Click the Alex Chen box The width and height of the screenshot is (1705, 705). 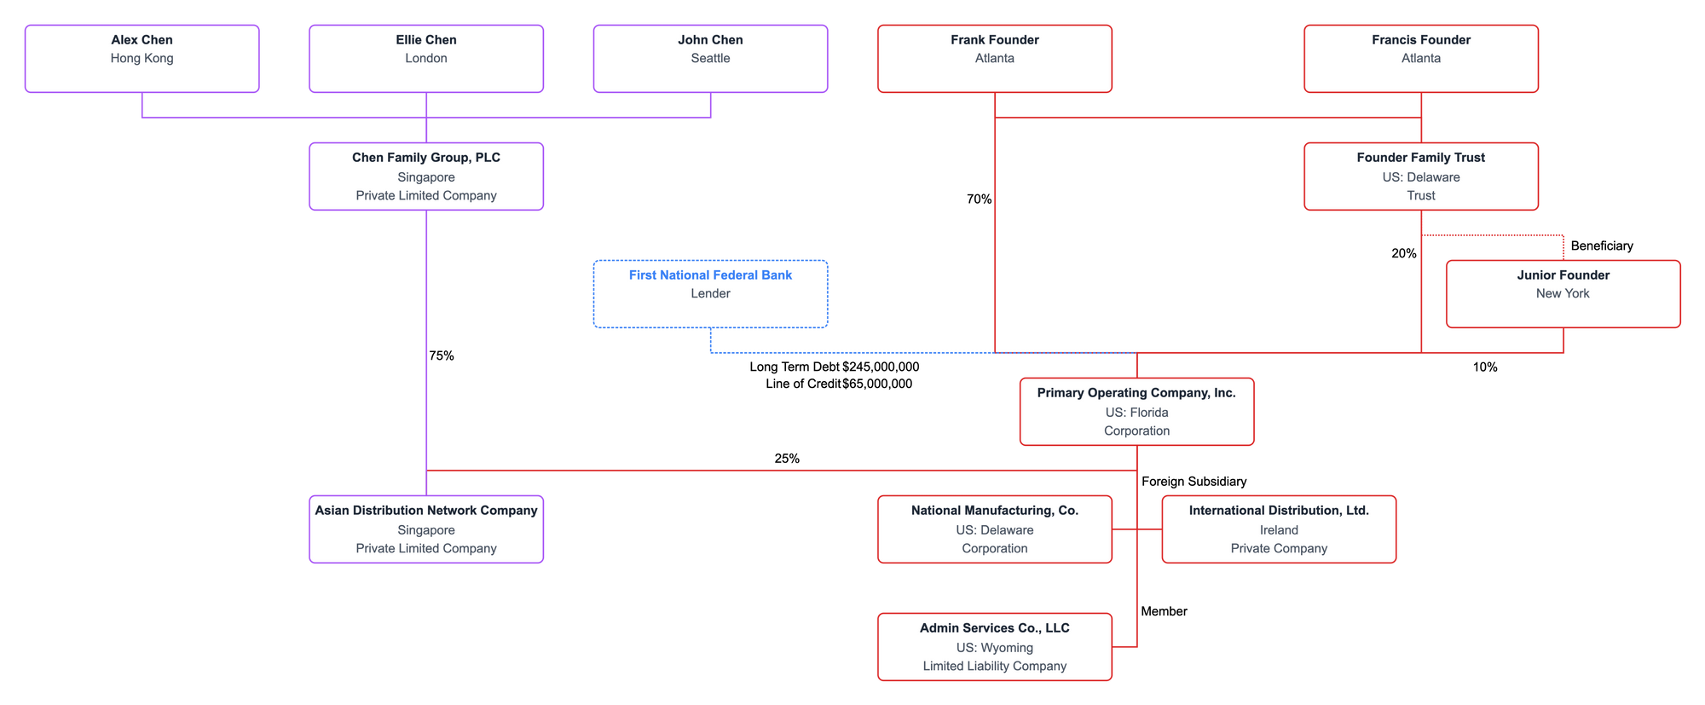142,58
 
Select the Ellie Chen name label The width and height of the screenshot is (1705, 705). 426,40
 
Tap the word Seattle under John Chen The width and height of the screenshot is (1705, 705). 710,59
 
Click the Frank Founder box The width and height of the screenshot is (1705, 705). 994,58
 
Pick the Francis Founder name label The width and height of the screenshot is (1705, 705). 1421,40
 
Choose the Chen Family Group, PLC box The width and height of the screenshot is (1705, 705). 426,176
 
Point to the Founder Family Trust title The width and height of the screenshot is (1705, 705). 1421,158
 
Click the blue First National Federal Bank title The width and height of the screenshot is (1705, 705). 710,275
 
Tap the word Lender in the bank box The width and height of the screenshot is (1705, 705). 710,294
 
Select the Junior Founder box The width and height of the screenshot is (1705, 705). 1563,294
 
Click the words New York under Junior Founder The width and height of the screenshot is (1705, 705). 1563,294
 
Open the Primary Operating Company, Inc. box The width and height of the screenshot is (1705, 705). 1136,412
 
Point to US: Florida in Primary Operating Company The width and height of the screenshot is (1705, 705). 1136,413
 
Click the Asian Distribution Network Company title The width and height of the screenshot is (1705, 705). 426,511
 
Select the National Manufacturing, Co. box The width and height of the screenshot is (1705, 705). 994,529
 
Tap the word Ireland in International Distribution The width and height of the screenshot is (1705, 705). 1279,530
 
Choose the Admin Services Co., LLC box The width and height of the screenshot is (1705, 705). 994,647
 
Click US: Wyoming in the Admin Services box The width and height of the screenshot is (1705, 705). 994,648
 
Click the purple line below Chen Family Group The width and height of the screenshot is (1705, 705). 426,341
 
